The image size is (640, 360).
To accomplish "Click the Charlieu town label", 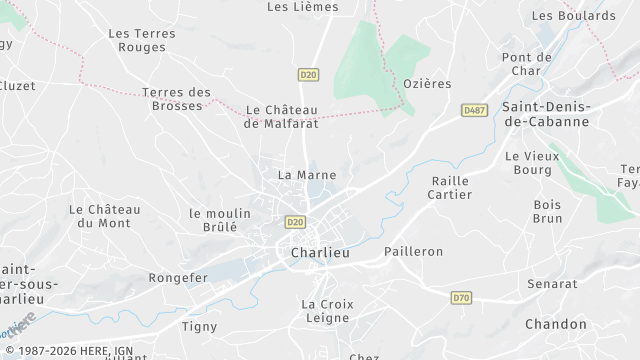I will pyautogui.click(x=320, y=253).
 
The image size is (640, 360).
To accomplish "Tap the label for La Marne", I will pyautogui.click(x=306, y=174).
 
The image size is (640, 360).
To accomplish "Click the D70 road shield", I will pyautogui.click(x=460, y=297).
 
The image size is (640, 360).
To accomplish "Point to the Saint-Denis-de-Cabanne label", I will pyautogui.click(x=546, y=113).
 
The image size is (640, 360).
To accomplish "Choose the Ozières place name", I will pyautogui.click(x=427, y=83).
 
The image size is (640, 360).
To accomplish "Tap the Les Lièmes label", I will pyautogui.click(x=303, y=7).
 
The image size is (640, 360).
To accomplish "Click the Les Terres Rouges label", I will pyautogui.click(x=141, y=40).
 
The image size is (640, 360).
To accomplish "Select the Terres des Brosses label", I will pyautogui.click(x=177, y=99).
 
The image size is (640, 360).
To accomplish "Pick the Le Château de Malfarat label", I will pyautogui.click(x=281, y=117).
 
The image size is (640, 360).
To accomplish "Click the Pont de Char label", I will pyautogui.click(x=527, y=64).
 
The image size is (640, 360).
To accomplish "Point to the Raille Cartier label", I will pyautogui.click(x=450, y=187).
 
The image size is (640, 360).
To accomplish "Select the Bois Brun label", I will pyautogui.click(x=548, y=211).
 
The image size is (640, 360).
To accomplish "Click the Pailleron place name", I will pyautogui.click(x=414, y=251).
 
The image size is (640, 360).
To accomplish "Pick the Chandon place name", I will pyautogui.click(x=556, y=324).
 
